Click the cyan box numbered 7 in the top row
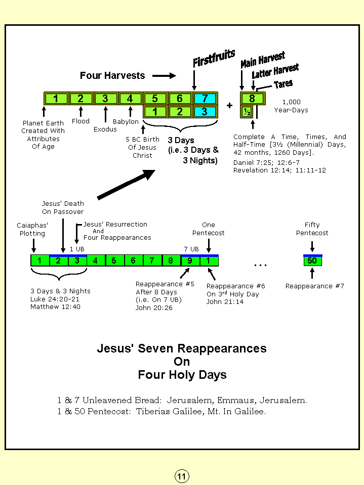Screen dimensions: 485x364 pyautogui.click(x=205, y=99)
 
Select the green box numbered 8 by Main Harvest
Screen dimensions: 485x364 pyautogui.click(x=252, y=99)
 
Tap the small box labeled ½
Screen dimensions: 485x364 pyautogui.click(x=247, y=112)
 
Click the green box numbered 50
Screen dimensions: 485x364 pyautogui.click(x=312, y=261)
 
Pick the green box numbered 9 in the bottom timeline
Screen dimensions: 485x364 pyautogui.click(x=190, y=261)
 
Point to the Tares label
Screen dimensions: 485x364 pyautogui.click(x=283, y=84)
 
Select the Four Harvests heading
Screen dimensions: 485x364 pyautogui.click(x=112, y=76)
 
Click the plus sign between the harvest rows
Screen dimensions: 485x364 pyautogui.click(x=229, y=106)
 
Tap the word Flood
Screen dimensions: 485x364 pyautogui.click(x=80, y=121)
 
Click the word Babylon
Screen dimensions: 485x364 pyautogui.click(x=126, y=122)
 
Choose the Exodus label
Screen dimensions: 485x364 pyautogui.click(x=105, y=129)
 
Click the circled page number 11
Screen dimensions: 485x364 pyautogui.click(x=182, y=476)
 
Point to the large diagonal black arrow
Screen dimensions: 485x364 pyautogui.click(x=126, y=185)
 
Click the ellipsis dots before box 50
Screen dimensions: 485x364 pyautogui.click(x=260, y=264)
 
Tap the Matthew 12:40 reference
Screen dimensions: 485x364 pyautogui.click(x=56, y=306)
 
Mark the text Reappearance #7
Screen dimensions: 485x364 pyautogui.click(x=314, y=286)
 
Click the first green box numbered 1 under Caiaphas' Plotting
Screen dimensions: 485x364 pyautogui.click(x=40, y=261)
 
